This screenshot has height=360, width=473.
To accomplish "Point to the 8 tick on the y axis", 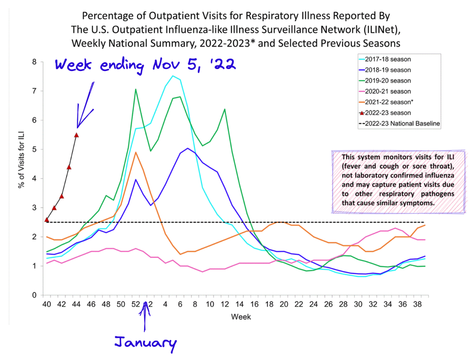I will point(34,62).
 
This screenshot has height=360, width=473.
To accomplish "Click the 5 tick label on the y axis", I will point(34,149).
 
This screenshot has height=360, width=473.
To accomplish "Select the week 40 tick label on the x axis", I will point(47,304).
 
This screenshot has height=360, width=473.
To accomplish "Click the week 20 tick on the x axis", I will point(284,304).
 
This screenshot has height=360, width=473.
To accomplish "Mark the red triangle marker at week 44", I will point(76,135).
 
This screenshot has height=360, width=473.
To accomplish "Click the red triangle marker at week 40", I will point(47,220).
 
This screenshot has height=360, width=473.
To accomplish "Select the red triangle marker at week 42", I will point(62,196).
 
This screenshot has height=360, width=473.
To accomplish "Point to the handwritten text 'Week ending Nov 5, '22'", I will point(145,66).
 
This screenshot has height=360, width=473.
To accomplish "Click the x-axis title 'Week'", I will point(240,317).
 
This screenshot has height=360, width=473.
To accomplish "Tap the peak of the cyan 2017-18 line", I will point(172,76).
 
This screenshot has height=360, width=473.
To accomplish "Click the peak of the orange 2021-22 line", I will point(135,152).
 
